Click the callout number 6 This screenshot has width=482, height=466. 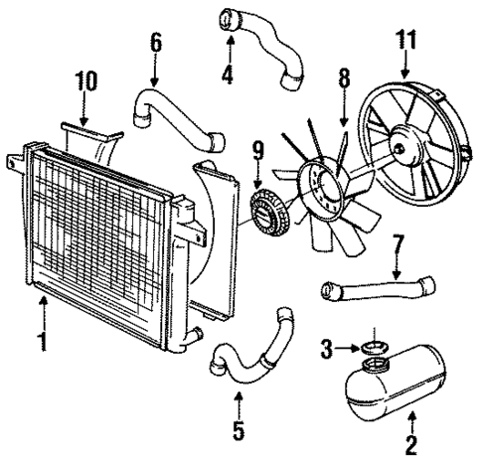point(156,43)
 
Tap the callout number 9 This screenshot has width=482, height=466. point(258,152)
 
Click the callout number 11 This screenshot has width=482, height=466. point(405,42)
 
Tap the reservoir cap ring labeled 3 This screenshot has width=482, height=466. point(373,347)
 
